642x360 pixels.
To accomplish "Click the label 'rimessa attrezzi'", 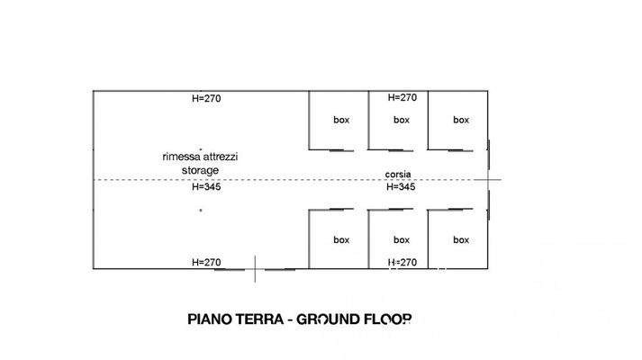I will coord(201,157).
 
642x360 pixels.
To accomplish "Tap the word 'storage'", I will coord(201,169).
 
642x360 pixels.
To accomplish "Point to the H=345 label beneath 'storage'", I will coord(206,188).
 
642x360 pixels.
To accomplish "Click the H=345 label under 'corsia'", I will coord(401,188).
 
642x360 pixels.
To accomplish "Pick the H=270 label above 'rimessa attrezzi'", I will coord(206,98).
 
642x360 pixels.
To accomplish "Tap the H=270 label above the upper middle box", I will coord(402,98).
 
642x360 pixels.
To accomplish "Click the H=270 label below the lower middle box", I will coord(402,263).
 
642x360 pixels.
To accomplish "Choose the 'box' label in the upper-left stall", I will coord(341,120).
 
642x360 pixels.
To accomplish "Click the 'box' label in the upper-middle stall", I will coord(402,120).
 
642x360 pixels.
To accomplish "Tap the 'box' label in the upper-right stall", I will coord(461,120).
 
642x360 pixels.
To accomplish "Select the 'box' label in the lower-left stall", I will coord(341,240).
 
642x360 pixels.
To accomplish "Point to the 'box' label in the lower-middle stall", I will coord(402,240).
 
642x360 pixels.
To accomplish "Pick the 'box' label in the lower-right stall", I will coord(461,240).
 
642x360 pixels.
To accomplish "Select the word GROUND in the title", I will coord(329,319).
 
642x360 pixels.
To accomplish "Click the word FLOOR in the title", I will coord(388,319).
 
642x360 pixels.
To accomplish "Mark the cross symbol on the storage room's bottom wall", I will coord(255,268).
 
